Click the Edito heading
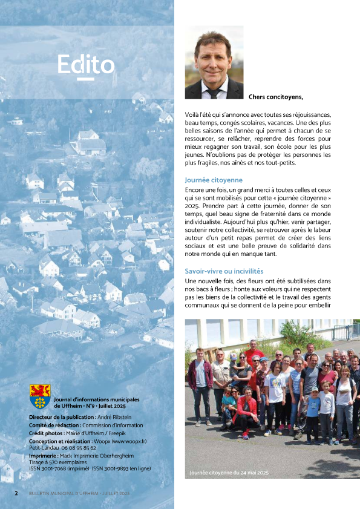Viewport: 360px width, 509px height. pos(86,64)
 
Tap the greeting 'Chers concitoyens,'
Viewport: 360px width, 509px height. pos(275,97)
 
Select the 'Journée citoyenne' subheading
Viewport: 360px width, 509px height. pos(214,180)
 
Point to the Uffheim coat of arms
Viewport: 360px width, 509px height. pos(40,396)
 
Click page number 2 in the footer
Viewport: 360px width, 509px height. pos(16,493)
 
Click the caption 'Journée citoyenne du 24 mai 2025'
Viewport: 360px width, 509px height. pos(229,472)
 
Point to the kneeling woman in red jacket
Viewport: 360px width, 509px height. pos(246,412)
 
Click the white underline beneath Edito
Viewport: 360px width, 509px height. pos(86,79)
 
